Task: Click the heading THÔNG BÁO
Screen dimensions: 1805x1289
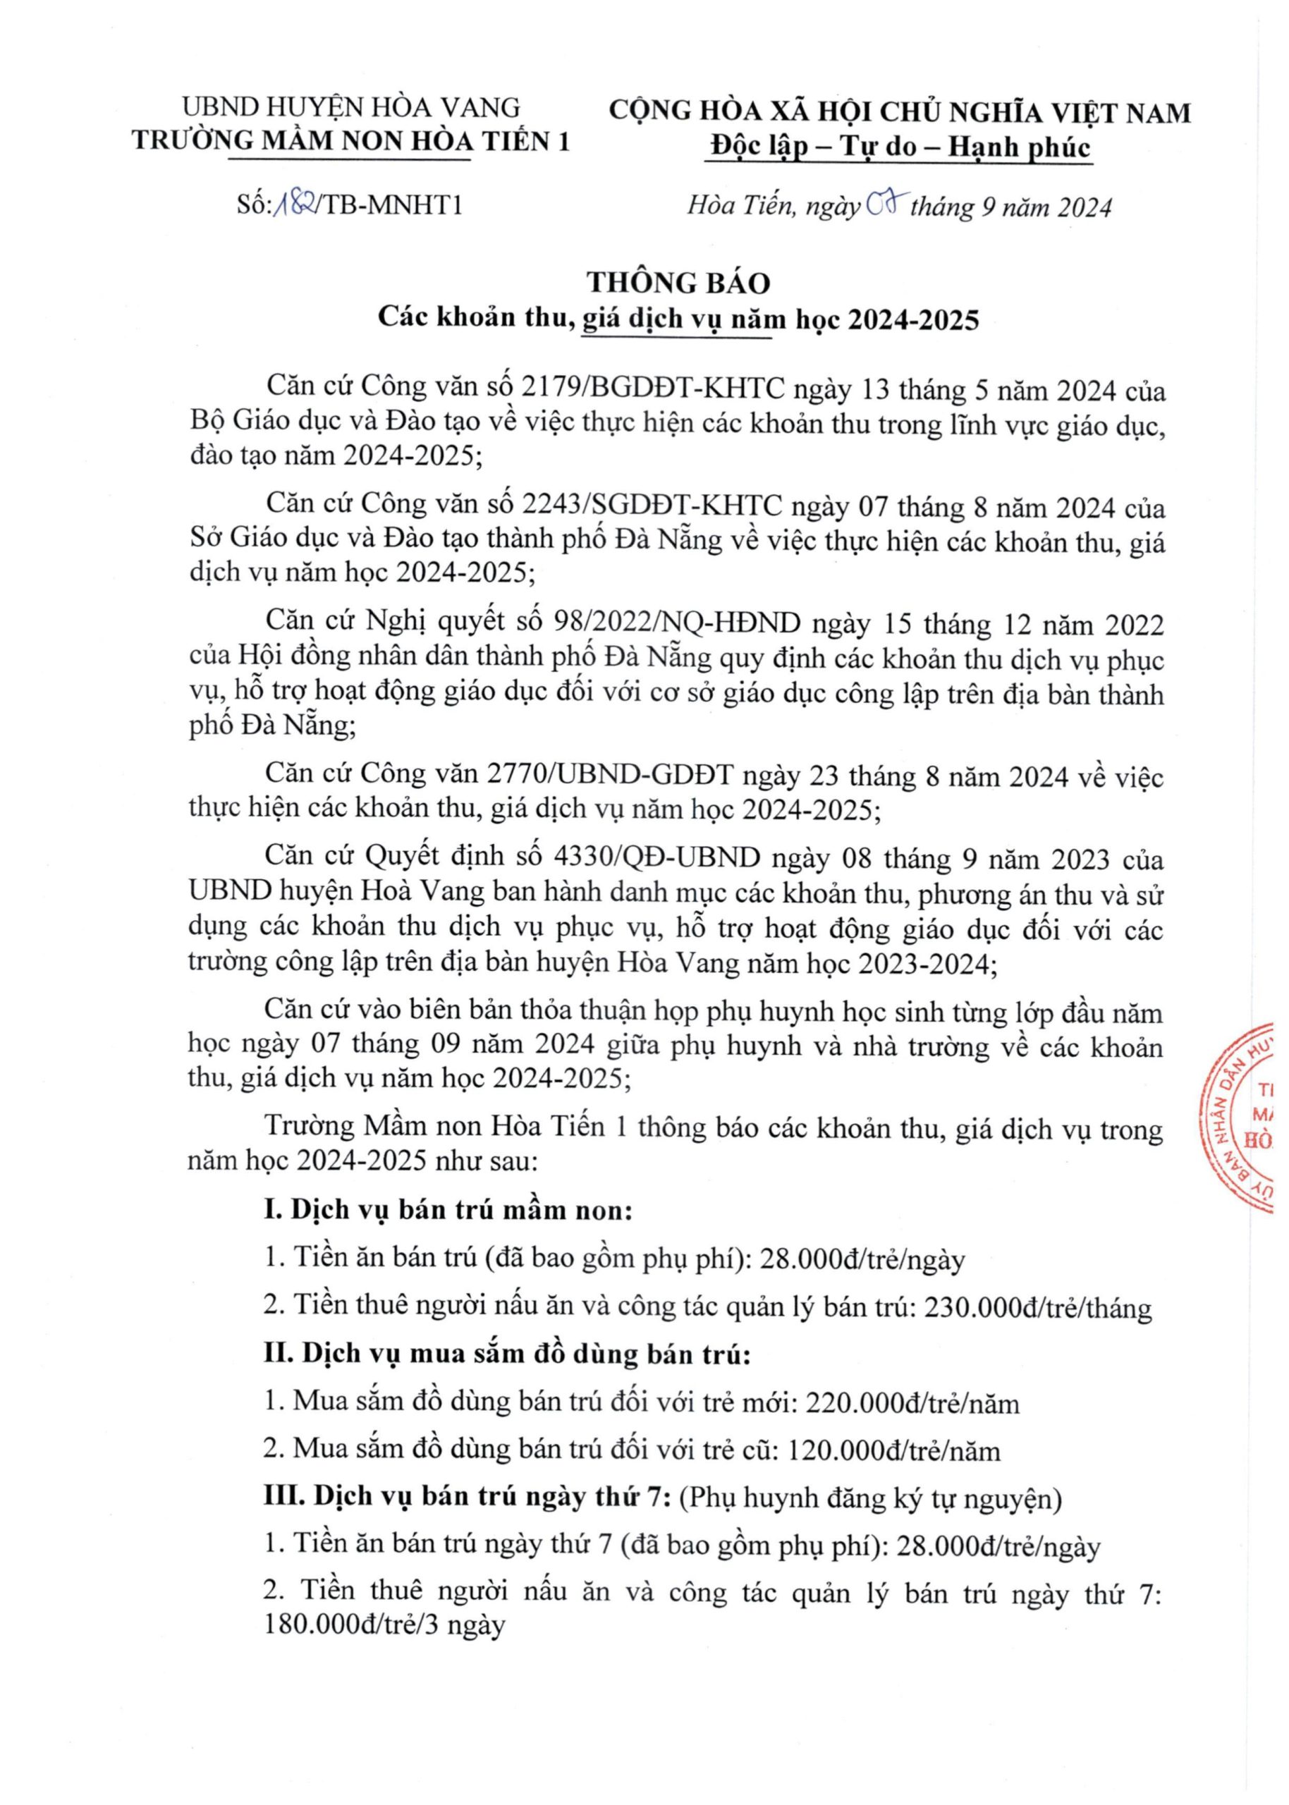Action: point(678,283)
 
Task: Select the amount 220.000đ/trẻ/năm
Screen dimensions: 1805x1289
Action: point(912,1402)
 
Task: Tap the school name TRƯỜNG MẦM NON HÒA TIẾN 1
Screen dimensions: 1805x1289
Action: point(351,140)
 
